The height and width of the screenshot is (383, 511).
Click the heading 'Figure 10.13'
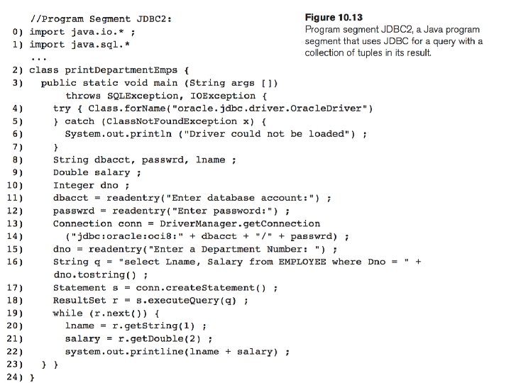[334, 17]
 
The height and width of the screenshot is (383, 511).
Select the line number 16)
[15, 262]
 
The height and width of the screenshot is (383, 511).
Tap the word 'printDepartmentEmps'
[121, 70]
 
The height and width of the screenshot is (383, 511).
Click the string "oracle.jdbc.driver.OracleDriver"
[269, 109]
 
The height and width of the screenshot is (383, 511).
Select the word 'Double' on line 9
[71, 172]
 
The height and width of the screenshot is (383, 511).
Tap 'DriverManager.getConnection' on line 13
[240, 223]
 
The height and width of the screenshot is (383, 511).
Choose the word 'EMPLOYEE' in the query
[302, 262]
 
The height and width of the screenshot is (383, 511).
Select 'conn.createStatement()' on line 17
[201, 288]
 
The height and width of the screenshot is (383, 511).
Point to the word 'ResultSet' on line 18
[79, 300]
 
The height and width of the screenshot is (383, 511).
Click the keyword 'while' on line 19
[68, 313]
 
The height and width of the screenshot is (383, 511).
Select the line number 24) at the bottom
[15, 377]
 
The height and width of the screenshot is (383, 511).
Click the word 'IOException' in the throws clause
[223, 96]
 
